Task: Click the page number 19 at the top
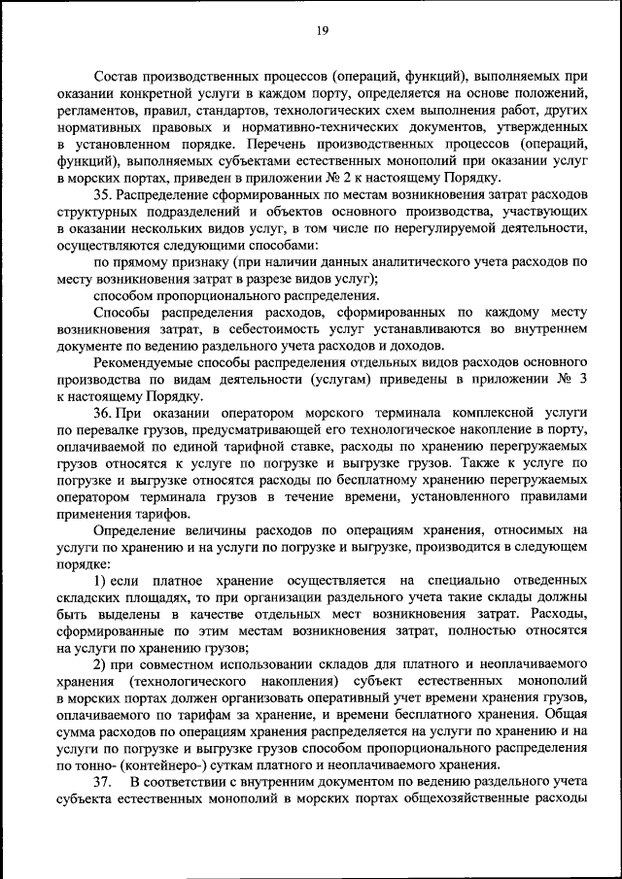pos(323,31)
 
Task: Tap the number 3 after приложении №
pos(583,381)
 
